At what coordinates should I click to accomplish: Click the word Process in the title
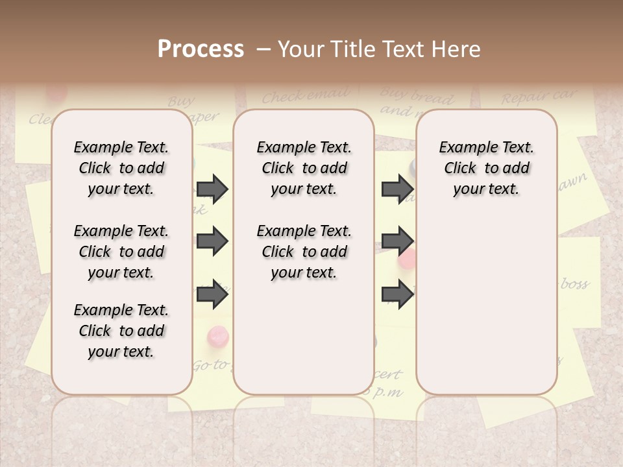tap(201, 49)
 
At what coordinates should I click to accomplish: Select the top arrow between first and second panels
tap(212, 189)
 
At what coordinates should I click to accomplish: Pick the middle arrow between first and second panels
tap(212, 242)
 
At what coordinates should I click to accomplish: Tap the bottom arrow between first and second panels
tap(212, 294)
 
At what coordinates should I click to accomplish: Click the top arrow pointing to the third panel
tap(397, 189)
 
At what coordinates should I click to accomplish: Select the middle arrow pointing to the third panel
tap(397, 242)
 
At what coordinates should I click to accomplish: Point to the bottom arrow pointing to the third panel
tap(397, 294)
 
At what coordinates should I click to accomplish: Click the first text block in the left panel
tap(121, 168)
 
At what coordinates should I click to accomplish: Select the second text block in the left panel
tap(121, 252)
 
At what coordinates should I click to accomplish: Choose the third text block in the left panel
tap(121, 331)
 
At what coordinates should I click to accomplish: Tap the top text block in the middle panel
tap(304, 168)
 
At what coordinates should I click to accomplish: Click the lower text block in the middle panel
tap(304, 252)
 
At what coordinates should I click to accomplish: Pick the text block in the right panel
tap(486, 168)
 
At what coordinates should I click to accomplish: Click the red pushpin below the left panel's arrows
tap(217, 337)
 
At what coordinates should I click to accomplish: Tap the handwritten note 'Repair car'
tap(538, 97)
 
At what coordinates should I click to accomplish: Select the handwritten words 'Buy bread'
tap(417, 97)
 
